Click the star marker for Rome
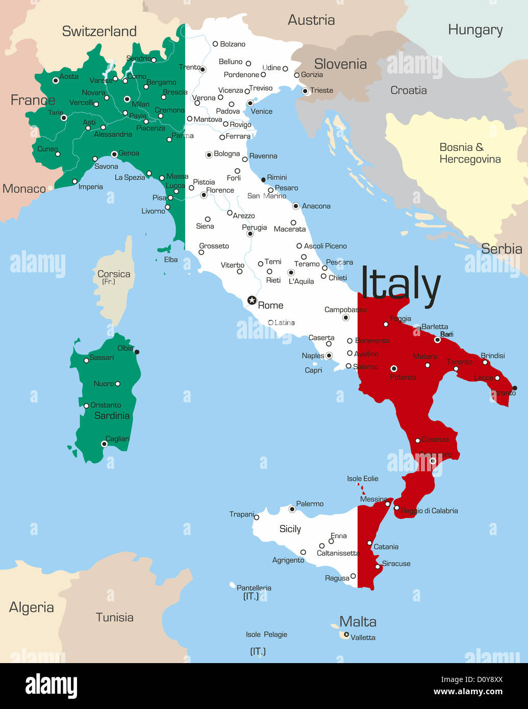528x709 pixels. click(x=252, y=300)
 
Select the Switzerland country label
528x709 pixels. click(x=99, y=31)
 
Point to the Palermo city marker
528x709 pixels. click(x=292, y=509)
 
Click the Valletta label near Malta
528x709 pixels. click(x=363, y=638)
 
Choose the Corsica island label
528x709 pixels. click(x=114, y=274)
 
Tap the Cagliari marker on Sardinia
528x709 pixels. click(x=104, y=444)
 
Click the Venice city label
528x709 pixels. click(x=261, y=111)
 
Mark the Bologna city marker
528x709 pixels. click(x=209, y=155)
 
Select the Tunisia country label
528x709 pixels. click(x=114, y=617)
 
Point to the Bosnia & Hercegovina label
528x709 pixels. click(x=470, y=153)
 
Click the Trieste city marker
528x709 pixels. click(x=305, y=91)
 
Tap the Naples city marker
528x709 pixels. click(x=329, y=356)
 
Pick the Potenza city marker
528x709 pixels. click(x=393, y=368)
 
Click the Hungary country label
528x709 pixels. click(x=475, y=30)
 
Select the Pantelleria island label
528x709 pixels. click(x=254, y=588)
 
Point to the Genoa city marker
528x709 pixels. click(x=114, y=154)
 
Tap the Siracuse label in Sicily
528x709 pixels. click(x=396, y=564)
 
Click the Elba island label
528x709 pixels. click(x=171, y=260)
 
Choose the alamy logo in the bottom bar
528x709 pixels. click(x=51, y=686)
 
